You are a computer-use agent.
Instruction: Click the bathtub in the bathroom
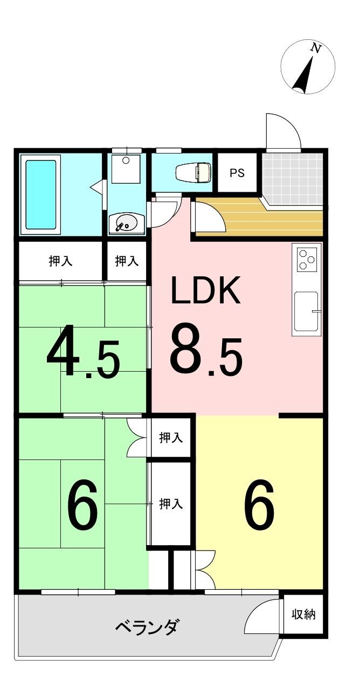(x=40, y=194)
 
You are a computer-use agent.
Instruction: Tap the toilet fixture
(x=193, y=172)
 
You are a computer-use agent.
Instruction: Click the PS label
(x=237, y=173)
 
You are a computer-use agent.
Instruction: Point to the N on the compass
(x=316, y=48)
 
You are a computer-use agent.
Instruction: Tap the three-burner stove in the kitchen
(x=307, y=260)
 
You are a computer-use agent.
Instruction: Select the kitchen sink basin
(x=306, y=312)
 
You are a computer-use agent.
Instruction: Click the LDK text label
(x=205, y=290)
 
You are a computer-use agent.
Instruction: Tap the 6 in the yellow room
(x=259, y=505)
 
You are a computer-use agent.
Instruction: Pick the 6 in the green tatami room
(x=82, y=505)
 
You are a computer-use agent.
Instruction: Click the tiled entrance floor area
(x=292, y=179)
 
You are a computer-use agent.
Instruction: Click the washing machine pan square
(x=126, y=168)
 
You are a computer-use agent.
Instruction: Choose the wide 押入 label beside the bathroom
(x=60, y=261)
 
